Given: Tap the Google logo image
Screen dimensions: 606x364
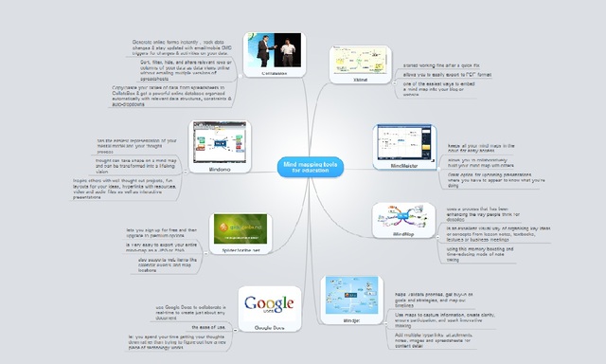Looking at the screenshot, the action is click(267, 305).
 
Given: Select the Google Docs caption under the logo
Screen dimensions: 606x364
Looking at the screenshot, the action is click(267, 325).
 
